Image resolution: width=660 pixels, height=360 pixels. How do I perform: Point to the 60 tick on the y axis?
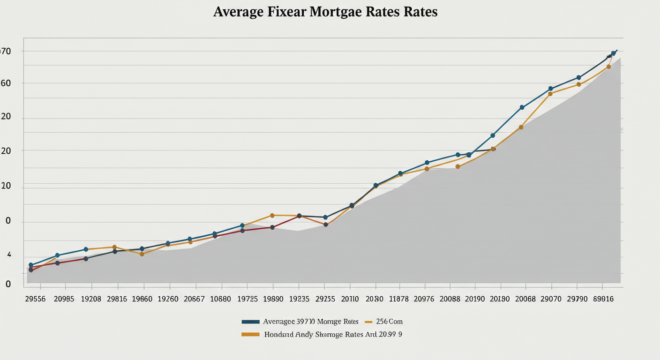point(6,83)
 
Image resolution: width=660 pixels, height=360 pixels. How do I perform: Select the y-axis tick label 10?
point(6,186)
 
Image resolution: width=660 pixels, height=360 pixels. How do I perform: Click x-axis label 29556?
point(35,299)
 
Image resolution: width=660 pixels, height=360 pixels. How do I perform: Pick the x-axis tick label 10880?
point(220,299)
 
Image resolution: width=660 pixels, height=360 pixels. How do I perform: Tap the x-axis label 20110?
point(350,299)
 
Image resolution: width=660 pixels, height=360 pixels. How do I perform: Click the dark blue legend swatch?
point(250,322)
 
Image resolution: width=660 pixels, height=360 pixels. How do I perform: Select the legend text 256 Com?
point(389,322)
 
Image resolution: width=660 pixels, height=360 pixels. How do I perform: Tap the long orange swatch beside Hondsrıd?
point(250,334)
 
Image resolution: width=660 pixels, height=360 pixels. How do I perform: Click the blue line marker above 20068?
point(522,107)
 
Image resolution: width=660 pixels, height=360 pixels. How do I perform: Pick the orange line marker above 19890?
point(272,216)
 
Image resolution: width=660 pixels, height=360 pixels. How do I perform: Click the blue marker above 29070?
point(551,89)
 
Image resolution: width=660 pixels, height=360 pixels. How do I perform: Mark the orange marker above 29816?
point(114,247)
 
